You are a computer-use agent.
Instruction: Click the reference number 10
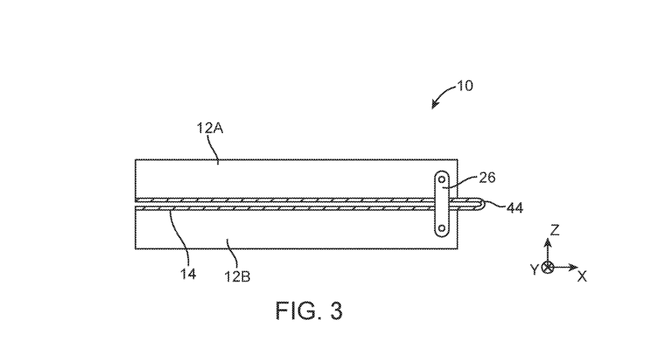tap(465, 86)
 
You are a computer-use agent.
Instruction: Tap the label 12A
tap(210, 128)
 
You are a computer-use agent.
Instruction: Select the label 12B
tap(237, 277)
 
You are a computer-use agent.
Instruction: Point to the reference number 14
tap(188, 274)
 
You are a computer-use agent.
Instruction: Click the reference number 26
tap(487, 178)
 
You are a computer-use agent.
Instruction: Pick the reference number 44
tap(515, 208)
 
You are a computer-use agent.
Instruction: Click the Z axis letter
tap(555, 230)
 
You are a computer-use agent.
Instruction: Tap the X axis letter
tap(582, 277)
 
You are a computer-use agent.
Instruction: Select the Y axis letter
tap(534, 269)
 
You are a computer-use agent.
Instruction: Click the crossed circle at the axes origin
tap(548, 267)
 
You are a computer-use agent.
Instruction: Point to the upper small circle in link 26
tap(442, 179)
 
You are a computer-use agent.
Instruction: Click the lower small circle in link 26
tap(442, 228)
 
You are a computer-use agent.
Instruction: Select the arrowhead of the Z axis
tap(548, 242)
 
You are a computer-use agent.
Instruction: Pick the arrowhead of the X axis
tap(573, 267)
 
